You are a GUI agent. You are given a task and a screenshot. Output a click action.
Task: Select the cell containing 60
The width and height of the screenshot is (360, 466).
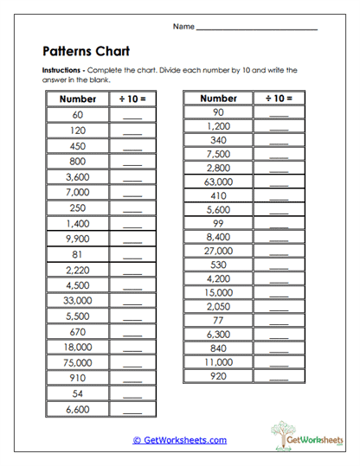[77, 115]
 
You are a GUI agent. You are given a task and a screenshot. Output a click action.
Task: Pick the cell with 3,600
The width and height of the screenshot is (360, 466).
[77, 176]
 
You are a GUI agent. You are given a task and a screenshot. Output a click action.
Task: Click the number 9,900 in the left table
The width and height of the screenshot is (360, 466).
[77, 239]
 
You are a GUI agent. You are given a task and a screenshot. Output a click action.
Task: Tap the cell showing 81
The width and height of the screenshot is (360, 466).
[77, 254]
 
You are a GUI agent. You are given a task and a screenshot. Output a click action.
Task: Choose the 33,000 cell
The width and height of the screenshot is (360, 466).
[77, 301]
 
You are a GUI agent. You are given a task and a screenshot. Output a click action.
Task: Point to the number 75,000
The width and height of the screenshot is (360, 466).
[77, 362]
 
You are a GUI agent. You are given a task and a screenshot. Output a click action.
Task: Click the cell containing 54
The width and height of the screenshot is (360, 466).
[77, 393]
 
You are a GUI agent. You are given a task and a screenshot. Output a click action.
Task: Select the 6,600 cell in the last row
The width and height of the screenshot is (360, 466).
[77, 409]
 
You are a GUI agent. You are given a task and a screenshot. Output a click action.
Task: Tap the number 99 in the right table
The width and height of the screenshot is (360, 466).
[218, 223]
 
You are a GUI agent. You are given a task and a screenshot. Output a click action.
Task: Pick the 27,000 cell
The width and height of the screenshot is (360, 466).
[218, 251]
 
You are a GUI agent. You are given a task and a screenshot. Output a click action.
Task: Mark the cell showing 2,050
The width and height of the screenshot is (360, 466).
[218, 306]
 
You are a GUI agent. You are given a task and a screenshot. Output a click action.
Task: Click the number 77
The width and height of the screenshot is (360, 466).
[218, 320]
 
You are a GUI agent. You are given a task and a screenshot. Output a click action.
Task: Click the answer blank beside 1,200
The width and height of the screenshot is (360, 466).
[278, 126]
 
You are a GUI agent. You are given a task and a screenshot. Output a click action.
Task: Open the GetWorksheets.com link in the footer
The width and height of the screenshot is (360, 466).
[179, 440]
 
